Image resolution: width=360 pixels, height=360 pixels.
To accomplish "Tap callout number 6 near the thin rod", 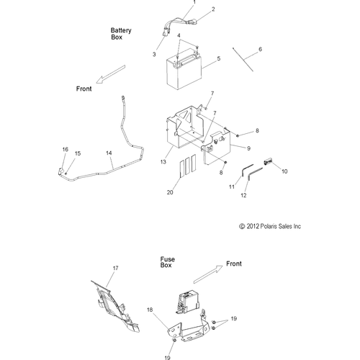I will coord(261,49).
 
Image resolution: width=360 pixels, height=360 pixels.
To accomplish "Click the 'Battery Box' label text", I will coord(120,35).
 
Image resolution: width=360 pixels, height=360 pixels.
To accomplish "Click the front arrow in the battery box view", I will coord(109,73).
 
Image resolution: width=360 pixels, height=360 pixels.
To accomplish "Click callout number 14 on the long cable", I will coord(109,153).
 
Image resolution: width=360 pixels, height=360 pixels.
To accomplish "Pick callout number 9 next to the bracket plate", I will coord(228,148).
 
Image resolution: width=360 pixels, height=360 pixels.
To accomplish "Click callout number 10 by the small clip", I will coord(264,172).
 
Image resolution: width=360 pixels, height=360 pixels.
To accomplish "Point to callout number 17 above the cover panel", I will coord(114,267).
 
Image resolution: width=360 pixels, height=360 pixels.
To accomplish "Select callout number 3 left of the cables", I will coord(153,54).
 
